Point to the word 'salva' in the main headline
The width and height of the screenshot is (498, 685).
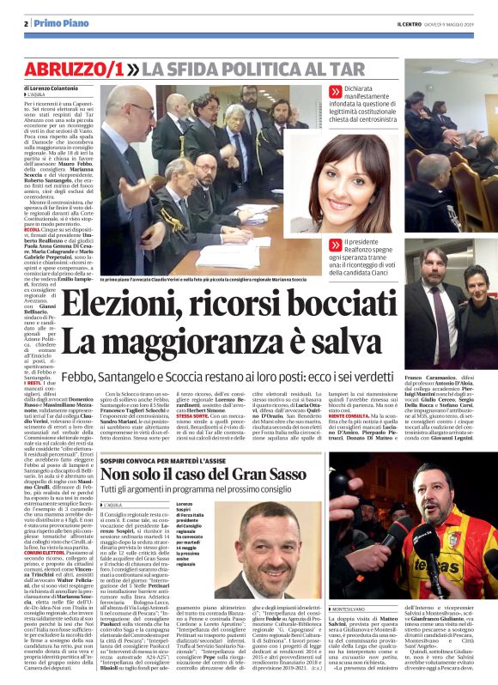tap(322, 345)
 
